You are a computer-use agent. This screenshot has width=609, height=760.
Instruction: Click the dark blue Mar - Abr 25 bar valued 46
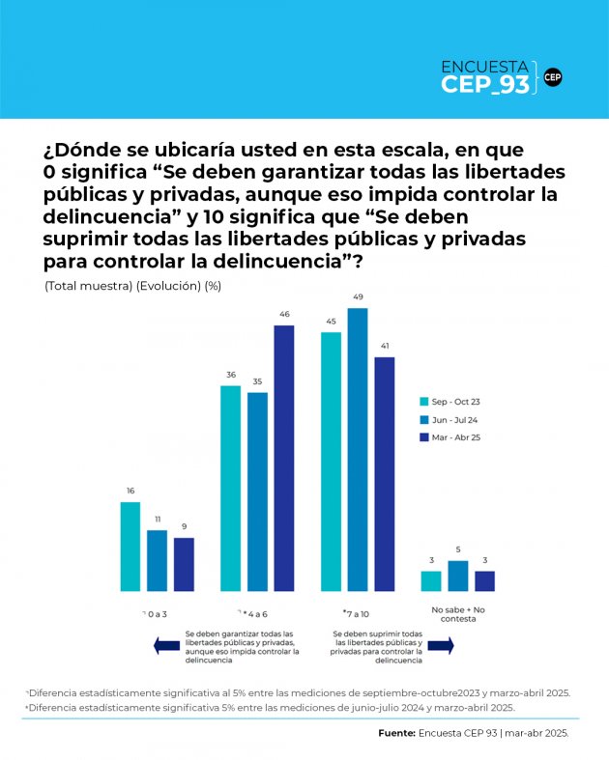click(x=283, y=458)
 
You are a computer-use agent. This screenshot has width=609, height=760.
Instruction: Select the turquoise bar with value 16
click(x=130, y=546)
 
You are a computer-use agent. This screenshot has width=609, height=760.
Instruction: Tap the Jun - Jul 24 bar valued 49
click(x=358, y=449)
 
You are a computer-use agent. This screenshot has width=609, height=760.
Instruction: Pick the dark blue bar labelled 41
click(x=385, y=473)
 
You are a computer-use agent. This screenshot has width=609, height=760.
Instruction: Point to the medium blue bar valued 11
click(x=157, y=560)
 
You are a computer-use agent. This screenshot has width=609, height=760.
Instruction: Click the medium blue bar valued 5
click(x=458, y=576)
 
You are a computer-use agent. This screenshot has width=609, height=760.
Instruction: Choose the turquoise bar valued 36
click(x=230, y=488)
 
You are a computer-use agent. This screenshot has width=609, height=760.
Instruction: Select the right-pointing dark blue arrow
click(x=441, y=646)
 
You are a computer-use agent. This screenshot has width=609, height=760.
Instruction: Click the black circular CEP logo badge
click(x=553, y=77)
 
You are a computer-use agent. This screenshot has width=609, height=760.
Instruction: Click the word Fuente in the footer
click(x=395, y=734)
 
